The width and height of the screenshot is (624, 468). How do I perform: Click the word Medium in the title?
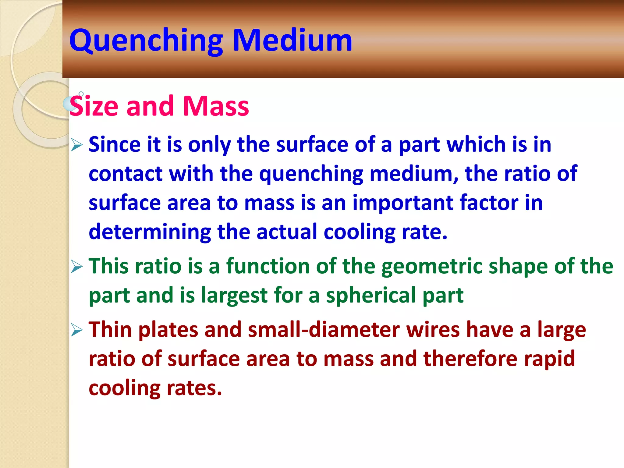[x=292, y=41]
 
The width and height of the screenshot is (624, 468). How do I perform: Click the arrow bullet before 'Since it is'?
[x=76, y=144]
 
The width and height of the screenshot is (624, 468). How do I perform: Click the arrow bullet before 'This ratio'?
[x=76, y=267]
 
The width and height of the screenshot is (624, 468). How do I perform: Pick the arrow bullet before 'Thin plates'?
[x=76, y=330]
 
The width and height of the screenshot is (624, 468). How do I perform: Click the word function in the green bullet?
[x=268, y=266]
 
